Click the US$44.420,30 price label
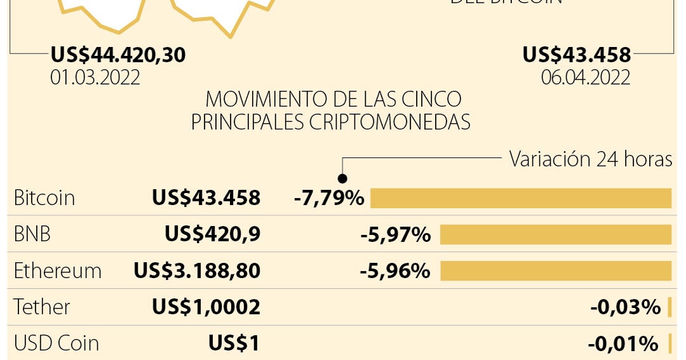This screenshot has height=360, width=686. click(x=118, y=55)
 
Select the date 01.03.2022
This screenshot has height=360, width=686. click(x=95, y=77)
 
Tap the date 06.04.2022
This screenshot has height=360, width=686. click(x=586, y=77)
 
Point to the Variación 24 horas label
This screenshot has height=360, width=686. click(x=590, y=159)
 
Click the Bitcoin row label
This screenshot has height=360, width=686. click(x=44, y=198)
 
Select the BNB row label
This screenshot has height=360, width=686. click(x=32, y=235)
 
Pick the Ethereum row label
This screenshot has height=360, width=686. click(x=58, y=271)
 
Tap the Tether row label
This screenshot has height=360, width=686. click(x=42, y=307)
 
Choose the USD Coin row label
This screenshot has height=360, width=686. click(x=57, y=343)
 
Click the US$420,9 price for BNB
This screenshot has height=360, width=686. click(x=212, y=235)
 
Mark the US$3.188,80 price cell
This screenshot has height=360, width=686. click(x=197, y=271)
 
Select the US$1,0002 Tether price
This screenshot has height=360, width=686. click(x=206, y=307)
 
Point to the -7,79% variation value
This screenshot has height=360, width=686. click(x=329, y=198)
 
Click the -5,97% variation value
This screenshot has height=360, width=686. click(x=395, y=235)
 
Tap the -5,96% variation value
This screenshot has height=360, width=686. click(x=395, y=271)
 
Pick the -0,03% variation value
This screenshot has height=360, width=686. click(x=626, y=307)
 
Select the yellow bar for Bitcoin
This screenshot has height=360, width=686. click(x=521, y=198)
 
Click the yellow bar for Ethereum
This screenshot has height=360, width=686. click(x=556, y=271)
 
